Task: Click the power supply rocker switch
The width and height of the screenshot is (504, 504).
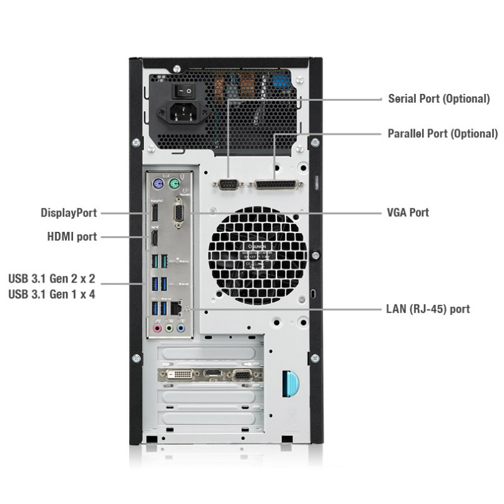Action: click(183, 91)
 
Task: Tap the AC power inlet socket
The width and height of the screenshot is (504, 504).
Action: click(183, 113)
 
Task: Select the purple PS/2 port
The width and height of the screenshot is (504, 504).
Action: click(158, 185)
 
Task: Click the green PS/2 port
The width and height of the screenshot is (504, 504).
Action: click(175, 185)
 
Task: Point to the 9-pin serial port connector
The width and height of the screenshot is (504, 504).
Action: click(228, 185)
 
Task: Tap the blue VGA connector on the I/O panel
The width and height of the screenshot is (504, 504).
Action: click(178, 212)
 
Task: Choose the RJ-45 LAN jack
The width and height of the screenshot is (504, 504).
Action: click(176, 308)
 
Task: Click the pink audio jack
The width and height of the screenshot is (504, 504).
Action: click(157, 328)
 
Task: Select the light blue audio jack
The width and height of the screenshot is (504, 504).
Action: click(181, 328)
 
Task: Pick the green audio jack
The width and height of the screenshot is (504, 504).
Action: click(169, 328)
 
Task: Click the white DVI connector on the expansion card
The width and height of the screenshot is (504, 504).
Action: click(180, 374)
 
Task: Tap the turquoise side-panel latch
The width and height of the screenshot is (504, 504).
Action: click(290, 384)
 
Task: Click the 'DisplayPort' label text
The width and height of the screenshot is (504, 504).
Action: click(69, 213)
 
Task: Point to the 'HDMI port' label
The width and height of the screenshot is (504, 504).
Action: click(72, 237)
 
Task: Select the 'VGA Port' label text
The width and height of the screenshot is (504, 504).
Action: click(408, 212)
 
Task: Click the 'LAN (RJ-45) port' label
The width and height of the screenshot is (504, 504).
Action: click(428, 309)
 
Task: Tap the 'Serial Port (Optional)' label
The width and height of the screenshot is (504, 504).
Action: click(439, 99)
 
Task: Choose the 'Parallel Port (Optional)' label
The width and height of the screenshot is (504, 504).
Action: click(443, 134)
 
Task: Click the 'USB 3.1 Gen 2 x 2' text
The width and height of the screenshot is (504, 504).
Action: click(52, 278)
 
